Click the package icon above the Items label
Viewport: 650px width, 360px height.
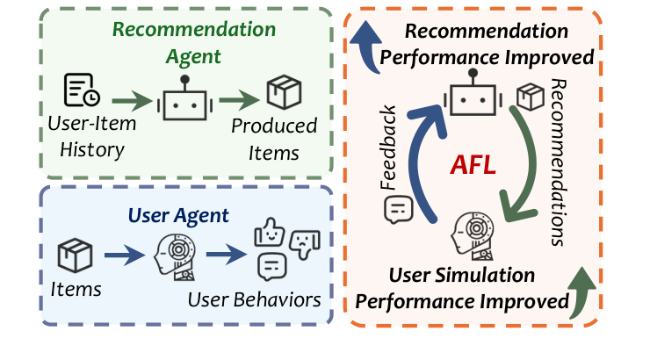pos(75,256)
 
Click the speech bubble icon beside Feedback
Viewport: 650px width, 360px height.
pos(399,209)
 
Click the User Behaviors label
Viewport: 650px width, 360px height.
pos(254,299)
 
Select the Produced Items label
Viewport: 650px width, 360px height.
pos(274,139)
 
